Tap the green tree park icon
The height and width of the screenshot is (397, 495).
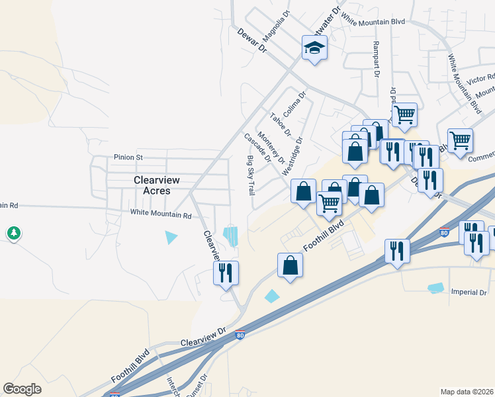(13, 233)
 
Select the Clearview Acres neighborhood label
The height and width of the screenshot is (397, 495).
(152, 185)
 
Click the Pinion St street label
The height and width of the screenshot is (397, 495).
(128, 157)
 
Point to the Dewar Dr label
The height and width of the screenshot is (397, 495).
(252, 40)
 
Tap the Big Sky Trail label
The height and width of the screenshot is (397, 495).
(251, 175)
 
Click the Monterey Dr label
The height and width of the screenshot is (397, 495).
(271, 148)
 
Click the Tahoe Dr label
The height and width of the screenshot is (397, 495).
(281, 123)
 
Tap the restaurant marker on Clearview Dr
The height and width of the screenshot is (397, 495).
(225, 273)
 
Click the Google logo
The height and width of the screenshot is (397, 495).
(22, 389)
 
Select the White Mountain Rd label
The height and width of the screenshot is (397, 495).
(160, 214)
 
